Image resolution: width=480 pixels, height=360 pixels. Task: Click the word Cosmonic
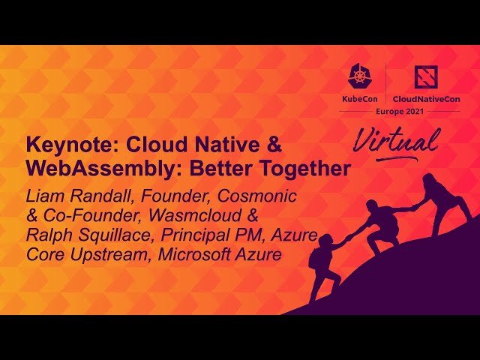[256, 196]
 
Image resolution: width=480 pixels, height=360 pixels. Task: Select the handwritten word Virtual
[397, 142]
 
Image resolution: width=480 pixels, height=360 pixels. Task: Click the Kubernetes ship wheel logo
[360, 75]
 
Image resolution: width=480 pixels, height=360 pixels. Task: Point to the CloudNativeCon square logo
[426, 77]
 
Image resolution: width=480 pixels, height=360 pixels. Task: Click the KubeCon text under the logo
[360, 99]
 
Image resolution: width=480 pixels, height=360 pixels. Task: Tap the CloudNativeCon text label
[426, 99]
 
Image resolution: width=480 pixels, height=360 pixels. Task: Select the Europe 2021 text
[400, 112]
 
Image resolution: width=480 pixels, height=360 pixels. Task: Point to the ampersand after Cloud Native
[274, 145]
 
